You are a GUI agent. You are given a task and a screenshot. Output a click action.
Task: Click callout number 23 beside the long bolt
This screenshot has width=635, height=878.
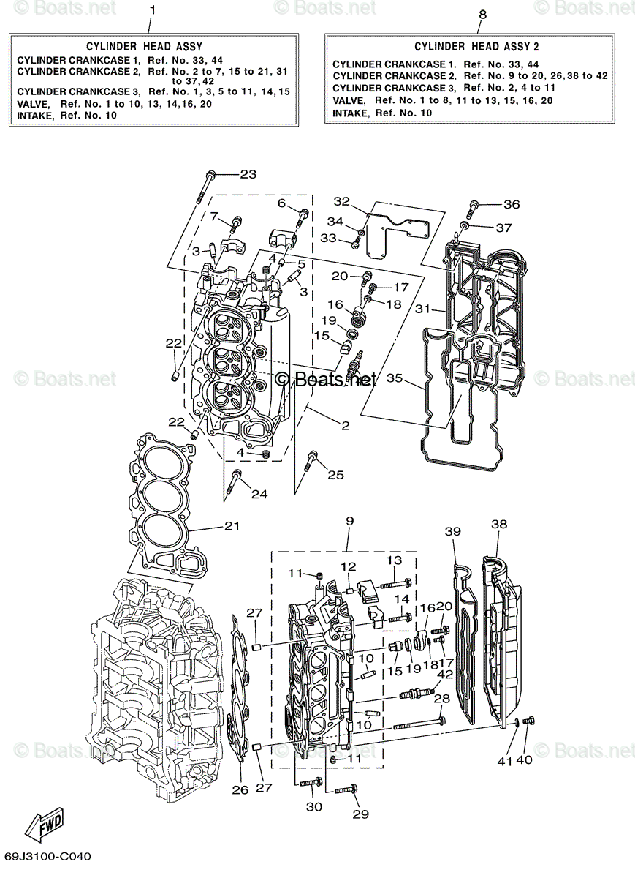click(248, 174)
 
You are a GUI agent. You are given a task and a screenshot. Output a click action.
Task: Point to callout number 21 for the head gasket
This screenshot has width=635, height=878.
click(232, 526)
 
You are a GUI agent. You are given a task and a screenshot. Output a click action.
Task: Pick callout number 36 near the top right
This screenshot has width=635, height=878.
click(512, 204)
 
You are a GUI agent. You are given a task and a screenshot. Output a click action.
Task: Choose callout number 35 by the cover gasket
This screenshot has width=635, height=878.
click(395, 378)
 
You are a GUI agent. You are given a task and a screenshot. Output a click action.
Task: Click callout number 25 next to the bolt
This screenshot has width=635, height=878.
click(335, 475)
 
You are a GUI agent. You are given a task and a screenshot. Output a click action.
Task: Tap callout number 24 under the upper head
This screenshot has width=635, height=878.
click(259, 495)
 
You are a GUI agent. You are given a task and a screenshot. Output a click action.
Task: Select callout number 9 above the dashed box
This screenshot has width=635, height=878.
click(350, 521)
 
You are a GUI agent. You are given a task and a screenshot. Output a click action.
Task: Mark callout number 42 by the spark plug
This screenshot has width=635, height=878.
click(445, 674)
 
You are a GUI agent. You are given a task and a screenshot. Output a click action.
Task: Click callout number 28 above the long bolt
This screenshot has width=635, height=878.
click(441, 699)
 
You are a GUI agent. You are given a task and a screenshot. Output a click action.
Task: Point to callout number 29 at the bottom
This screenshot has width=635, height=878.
click(360, 814)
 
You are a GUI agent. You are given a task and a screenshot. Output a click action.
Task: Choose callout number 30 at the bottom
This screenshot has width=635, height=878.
click(313, 806)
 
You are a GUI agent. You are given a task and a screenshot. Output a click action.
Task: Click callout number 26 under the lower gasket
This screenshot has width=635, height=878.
click(240, 789)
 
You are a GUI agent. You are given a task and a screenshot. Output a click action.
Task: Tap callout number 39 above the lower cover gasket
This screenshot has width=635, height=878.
click(453, 532)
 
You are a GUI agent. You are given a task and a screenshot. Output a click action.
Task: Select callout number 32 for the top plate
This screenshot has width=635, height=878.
click(342, 201)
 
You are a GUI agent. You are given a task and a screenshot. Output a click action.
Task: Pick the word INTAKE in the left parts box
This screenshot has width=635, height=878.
click(34, 115)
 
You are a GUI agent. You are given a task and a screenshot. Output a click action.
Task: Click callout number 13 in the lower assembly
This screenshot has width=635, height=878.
click(394, 560)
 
